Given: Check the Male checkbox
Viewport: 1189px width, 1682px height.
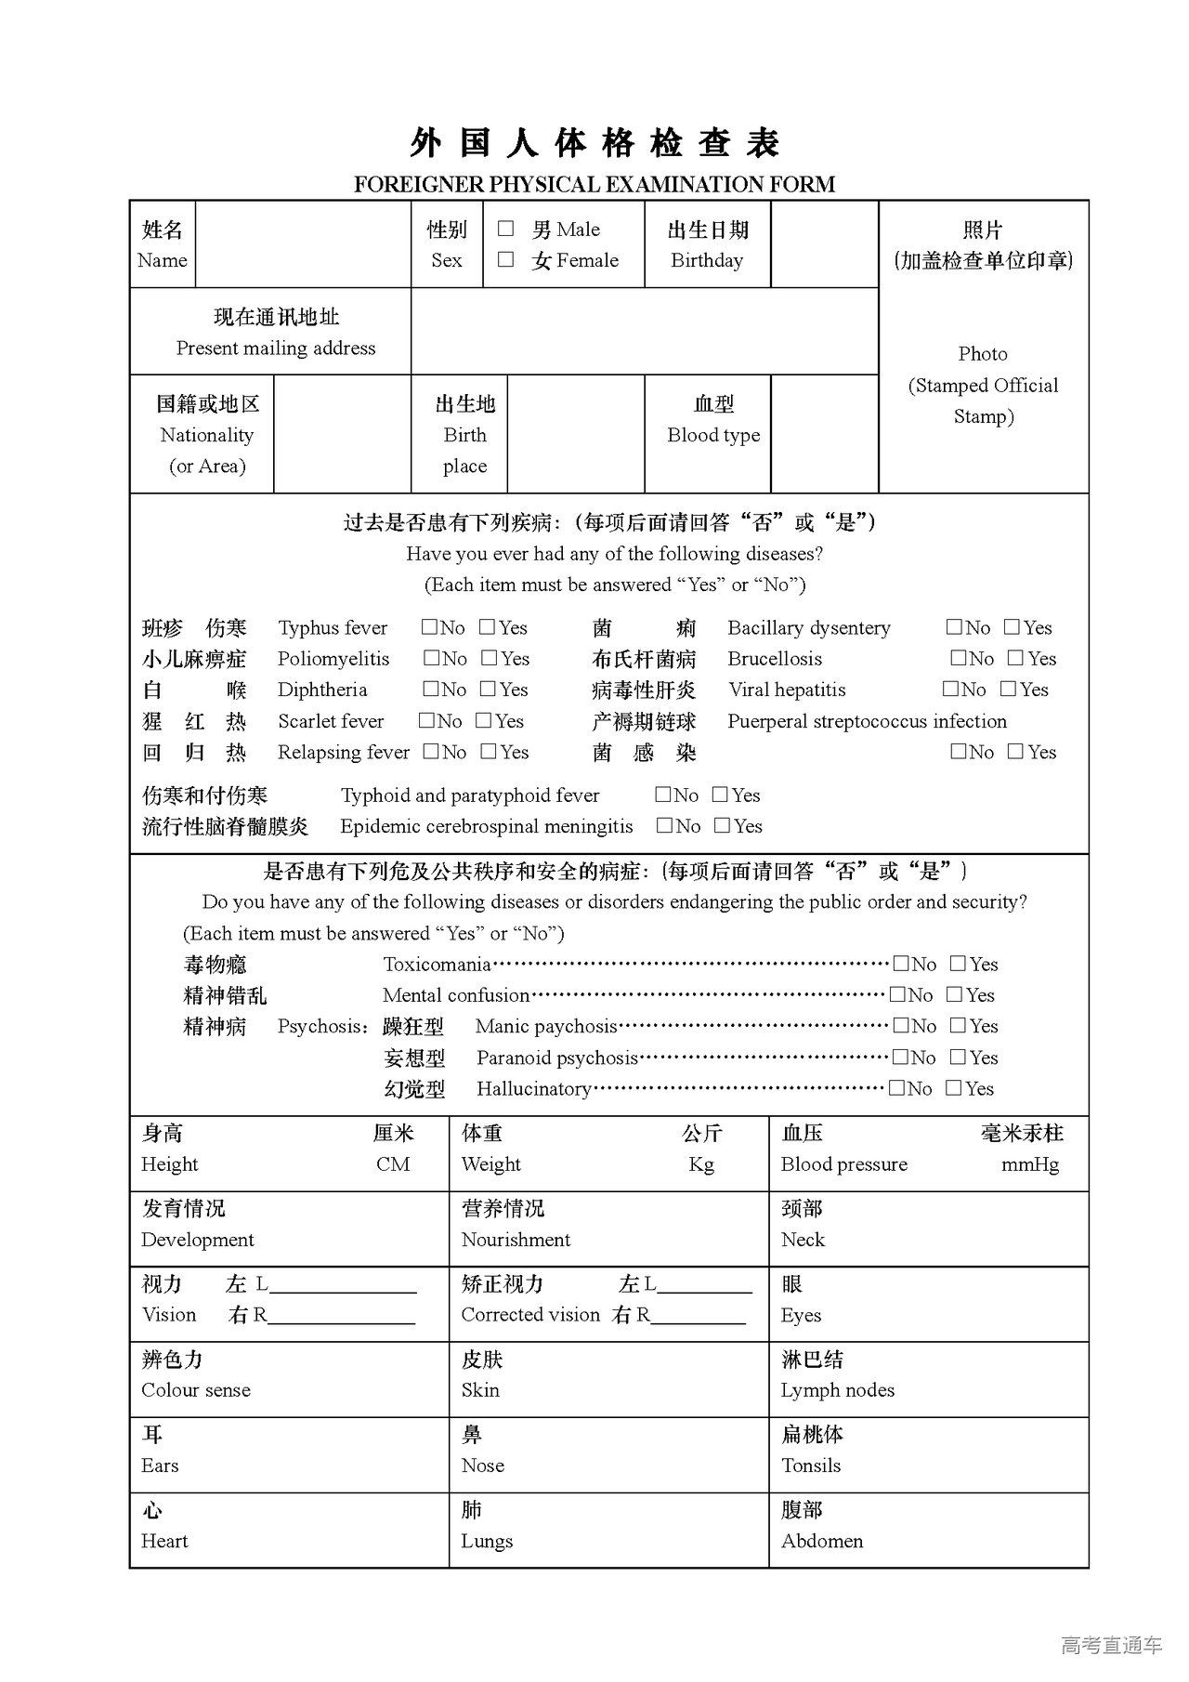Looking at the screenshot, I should click(x=506, y=229).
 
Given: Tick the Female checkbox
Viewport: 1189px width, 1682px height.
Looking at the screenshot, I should click(x=506, y=259).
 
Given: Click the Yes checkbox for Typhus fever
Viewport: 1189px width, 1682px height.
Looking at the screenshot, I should click(x=488, y=627).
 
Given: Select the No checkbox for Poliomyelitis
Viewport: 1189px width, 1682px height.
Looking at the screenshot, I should click(x=432, y=658).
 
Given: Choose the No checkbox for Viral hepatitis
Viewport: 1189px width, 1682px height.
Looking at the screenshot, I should click(x=951, y=689).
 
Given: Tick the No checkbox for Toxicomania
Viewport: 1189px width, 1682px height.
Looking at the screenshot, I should click(x=901, y=964).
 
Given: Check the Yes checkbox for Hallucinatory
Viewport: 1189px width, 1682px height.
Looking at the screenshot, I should click(x=954, y=1087).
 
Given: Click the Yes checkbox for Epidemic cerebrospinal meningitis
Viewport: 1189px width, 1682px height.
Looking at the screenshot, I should click(x=723, y=825).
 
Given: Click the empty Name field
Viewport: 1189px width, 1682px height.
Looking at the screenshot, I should click(x=303, y=244).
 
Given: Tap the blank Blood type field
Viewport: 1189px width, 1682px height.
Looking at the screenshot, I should click(x=825, y=434).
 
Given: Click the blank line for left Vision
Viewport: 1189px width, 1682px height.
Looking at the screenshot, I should click(x=343, y=1285).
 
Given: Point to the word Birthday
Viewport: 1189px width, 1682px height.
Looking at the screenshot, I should click(x=707, y=260).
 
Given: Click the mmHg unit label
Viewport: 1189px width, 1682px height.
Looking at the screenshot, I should click(x=1030, y=1164).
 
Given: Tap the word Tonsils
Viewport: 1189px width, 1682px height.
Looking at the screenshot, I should click(x=811, y=1465).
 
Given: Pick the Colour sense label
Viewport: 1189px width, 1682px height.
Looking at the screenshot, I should click(x=196, y=1390).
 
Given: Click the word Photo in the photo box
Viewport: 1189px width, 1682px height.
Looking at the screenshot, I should click(x=983, y=354).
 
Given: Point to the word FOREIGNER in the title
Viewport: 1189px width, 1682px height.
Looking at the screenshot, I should click(x=419, y=184).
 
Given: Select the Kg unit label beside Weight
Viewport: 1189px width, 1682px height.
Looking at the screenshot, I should click(x=701, y=1164).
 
